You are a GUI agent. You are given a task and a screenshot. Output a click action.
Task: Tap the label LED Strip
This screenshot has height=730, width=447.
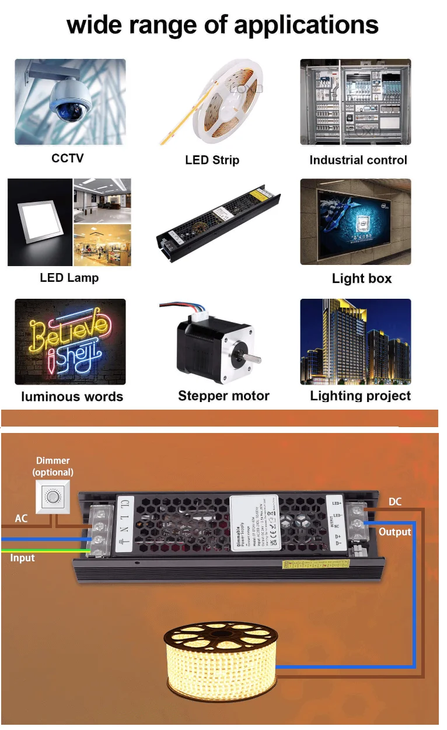pos(212,160)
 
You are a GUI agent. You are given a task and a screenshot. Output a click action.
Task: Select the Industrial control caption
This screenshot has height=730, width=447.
pos(358,160)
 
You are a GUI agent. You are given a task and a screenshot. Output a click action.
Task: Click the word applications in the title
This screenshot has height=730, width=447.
pos(306,25)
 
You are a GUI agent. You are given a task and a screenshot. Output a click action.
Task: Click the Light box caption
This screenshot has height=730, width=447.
pos(361,278)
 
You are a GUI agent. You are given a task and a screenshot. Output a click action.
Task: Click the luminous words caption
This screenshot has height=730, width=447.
pos(72,397)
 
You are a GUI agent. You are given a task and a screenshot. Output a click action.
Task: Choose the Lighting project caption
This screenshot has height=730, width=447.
pos(360,396)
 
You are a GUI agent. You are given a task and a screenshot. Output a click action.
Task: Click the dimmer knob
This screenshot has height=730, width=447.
pos(54,497)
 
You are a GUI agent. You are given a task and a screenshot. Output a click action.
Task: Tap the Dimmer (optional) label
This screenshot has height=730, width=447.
pos(53,466)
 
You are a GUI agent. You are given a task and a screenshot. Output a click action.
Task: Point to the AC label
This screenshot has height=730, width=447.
pos(21,519)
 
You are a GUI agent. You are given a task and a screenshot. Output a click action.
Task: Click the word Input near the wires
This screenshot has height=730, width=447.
pos(22,558)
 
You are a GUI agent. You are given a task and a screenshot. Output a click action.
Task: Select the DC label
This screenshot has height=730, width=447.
pos(395,502)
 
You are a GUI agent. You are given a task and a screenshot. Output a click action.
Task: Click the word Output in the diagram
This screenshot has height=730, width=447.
pos(394,532)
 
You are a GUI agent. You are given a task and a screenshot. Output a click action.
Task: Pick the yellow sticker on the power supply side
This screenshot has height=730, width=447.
pos(315,565)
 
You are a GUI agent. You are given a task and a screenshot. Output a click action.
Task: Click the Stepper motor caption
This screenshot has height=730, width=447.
pos(223,396)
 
